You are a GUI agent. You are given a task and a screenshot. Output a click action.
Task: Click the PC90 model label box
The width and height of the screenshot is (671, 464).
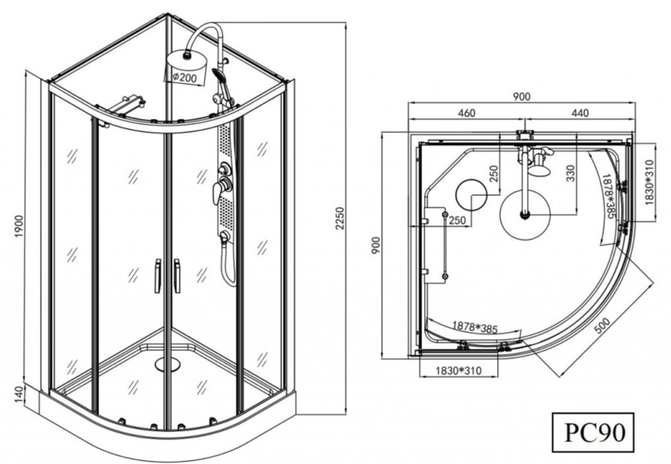click(x=592, y=432)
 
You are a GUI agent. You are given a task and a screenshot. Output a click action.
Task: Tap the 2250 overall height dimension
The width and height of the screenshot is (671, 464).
click(x=339, y=218)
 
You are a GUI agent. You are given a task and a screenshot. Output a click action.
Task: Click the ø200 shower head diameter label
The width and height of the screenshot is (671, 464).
click(x=184, y=77)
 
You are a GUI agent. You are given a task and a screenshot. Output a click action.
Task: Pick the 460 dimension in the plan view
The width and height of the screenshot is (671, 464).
click(x=467, y=113)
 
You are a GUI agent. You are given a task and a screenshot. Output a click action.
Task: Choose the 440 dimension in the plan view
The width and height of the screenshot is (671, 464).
click(x=580, y=113)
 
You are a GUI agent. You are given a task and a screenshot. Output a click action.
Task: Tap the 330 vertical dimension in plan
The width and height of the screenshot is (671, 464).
click(x=570, y=174)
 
